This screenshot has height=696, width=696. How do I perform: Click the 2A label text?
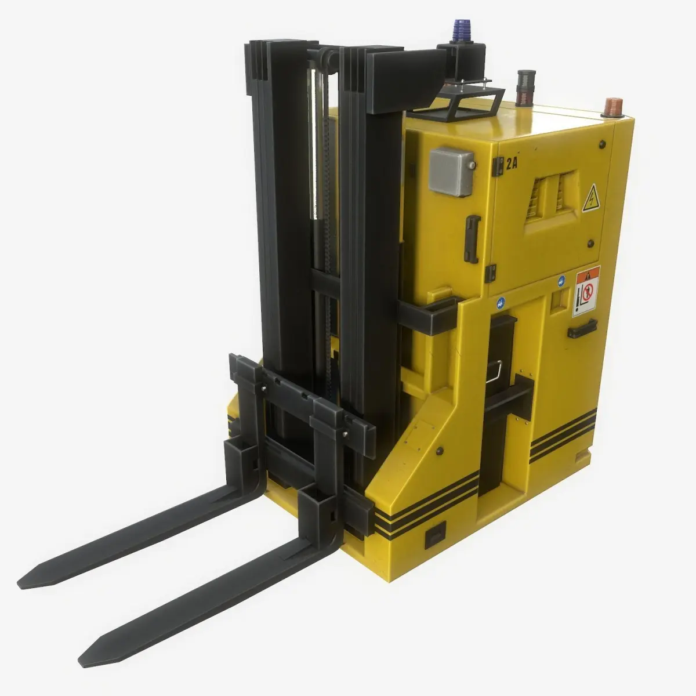pyautogui.click(x=510, y=163)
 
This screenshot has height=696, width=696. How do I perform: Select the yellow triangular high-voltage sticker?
pyautogui.click(x=590, y=198)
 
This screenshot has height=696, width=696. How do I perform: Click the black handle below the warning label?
pyautogui.click(x=582, y=329)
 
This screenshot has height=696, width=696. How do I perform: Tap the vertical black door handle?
pyautogui.click(x=473, y=238)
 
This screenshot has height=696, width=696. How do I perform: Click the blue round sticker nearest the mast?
pyautogui.click(x=500, y=302)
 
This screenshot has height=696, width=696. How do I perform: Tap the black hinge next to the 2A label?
pyautogui.click(x=496, y=166)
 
